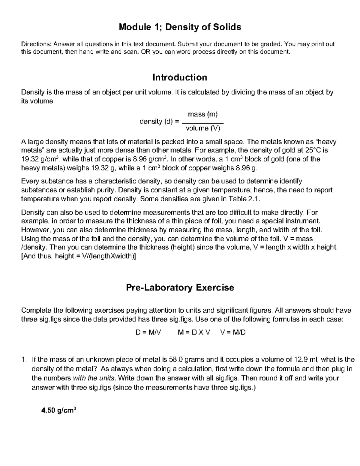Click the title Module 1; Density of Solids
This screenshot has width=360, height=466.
pos(180,27)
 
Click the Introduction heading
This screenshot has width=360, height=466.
pos(180,77)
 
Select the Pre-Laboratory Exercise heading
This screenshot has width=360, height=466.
pos(180,287)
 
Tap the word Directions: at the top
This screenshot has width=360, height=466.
pos(36,44)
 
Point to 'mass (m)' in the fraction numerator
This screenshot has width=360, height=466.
pos(203,114)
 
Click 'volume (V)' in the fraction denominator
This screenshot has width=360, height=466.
pos(203,128)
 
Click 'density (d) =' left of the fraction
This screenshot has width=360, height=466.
pos(159,122)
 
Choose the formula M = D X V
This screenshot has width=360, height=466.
pos(194,332)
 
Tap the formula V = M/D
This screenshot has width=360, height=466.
pos(233,332)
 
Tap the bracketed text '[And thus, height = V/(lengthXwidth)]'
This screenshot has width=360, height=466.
pos(79,256)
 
